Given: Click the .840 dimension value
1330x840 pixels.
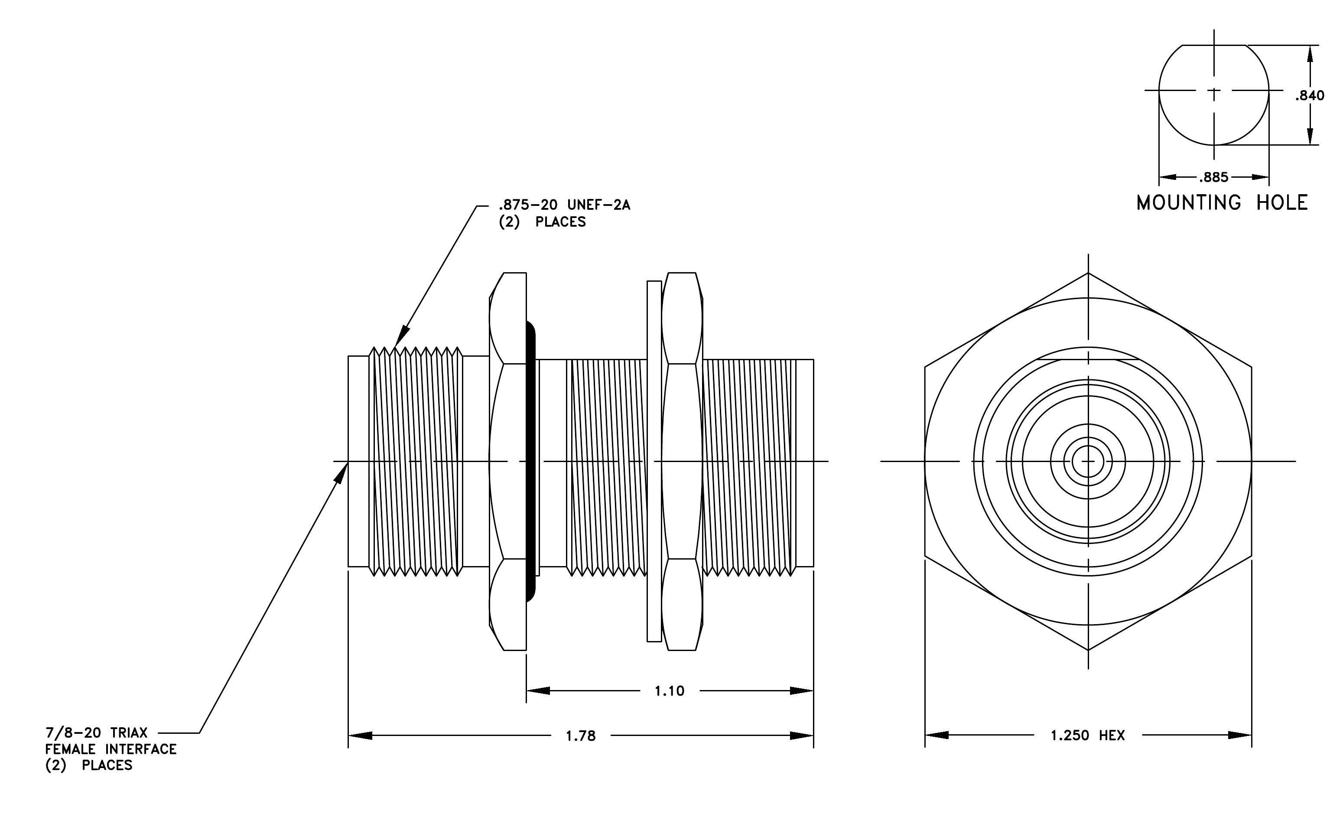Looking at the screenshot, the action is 1310,95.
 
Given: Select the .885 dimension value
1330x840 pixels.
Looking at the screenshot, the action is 1214,177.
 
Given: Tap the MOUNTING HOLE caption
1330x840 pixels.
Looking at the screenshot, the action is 1222,203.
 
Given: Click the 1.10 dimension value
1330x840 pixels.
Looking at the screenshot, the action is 670,691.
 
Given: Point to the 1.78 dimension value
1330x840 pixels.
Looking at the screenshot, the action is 581,736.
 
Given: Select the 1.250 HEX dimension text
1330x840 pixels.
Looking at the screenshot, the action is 1087,736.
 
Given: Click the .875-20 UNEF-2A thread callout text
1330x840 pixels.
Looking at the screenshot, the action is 564,205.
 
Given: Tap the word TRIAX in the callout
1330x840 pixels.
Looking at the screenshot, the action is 129,733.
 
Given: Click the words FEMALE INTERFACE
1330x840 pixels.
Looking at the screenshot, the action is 111,749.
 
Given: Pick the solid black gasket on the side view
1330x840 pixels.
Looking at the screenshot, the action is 531,461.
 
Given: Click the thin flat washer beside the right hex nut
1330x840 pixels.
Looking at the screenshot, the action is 654,461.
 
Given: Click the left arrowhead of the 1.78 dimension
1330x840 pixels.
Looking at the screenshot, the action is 360,736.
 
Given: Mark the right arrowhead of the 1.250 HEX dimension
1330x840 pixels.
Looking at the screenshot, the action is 1239,735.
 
